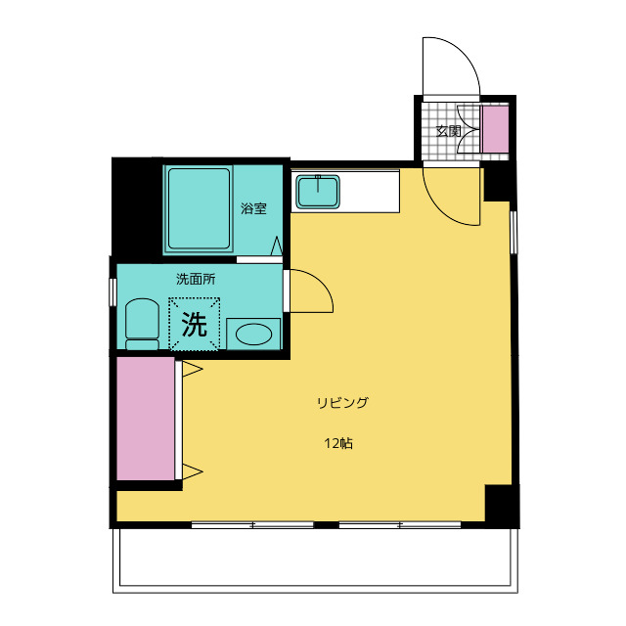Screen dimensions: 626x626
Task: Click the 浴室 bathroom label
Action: click(x=253, y=208)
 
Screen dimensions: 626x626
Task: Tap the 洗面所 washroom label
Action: click(x=196, y=279)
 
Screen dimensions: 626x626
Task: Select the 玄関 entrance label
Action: click(x=448, y=130)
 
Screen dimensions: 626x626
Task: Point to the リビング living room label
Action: click(x=342, y=403)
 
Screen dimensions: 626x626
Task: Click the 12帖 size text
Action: click(x=338, y=443)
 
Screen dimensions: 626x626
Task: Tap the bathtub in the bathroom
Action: click(x=199, y=208)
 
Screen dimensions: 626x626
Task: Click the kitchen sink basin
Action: click(x=318, y=192)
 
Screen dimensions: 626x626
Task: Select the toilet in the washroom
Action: click(x=142, y=324)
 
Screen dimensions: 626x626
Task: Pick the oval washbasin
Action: click(x=254, y=334)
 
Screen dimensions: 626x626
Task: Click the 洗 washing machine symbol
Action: click(x=194, y=324)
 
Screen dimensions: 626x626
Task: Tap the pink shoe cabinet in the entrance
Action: click(x=496, y=129)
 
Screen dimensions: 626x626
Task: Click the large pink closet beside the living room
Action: click(x=146, y=419)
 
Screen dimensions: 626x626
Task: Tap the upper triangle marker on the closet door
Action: click(x=192, y=369)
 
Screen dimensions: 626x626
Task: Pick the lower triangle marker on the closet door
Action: click(x=192, y=471)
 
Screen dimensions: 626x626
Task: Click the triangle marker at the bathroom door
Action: click(x=276, y=246)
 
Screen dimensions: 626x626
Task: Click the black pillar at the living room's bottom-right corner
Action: click(x=502, y=506)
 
